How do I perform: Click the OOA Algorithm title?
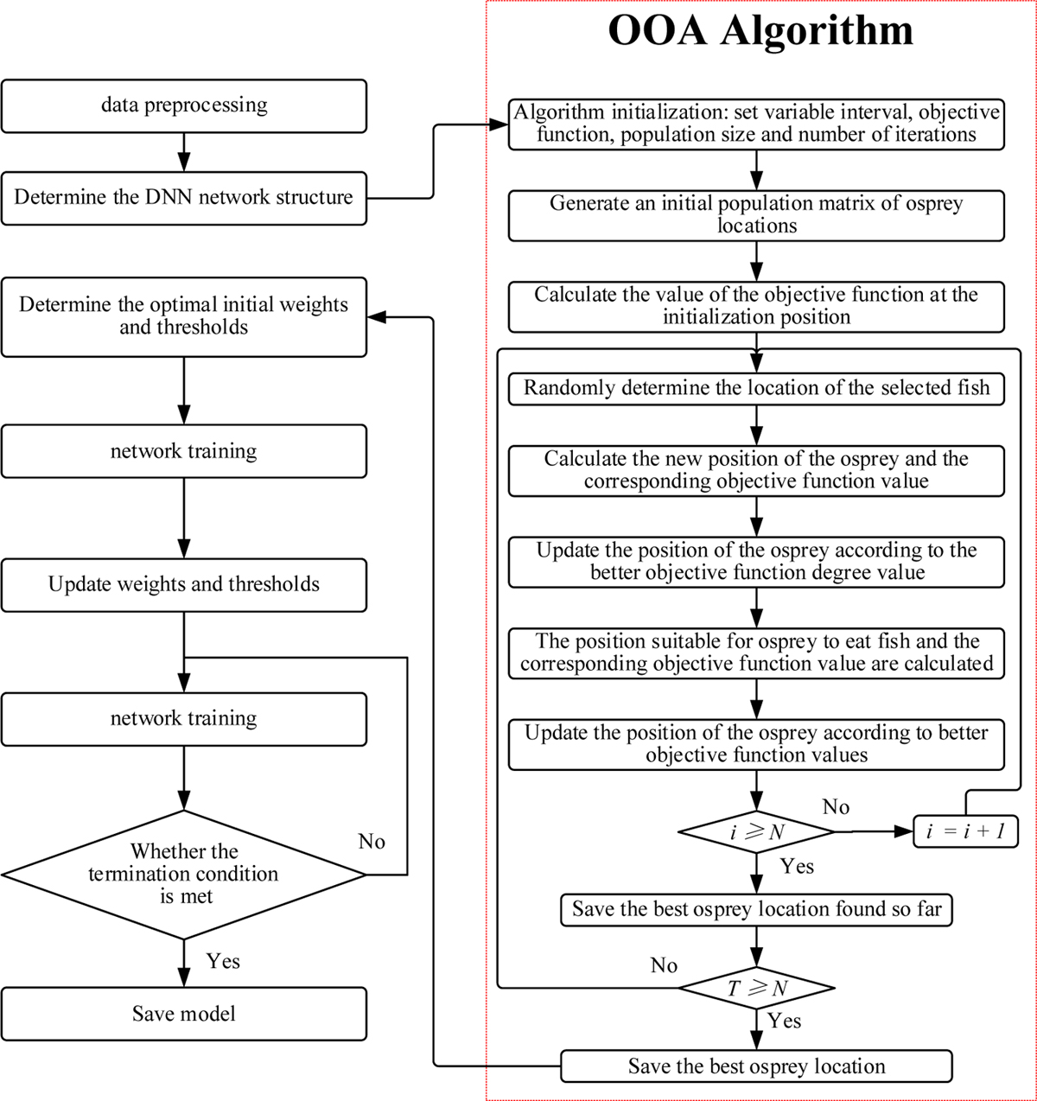760,31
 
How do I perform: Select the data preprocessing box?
184,105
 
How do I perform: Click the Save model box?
184,1014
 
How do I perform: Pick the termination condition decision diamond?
184,875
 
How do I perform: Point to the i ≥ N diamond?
756,832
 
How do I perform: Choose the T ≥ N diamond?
756,988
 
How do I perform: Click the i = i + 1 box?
965,831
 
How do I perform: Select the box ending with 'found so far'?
756,909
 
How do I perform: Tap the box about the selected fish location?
756,388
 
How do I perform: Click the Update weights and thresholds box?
184,585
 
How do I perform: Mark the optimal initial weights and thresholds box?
184,316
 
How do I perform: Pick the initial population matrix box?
756,214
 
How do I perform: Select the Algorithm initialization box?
756,124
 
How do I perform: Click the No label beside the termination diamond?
372,842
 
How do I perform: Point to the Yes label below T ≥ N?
784,1021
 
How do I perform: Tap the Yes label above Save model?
223,961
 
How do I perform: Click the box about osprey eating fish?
756,652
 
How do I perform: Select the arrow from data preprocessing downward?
184,152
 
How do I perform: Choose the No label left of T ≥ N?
664,965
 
